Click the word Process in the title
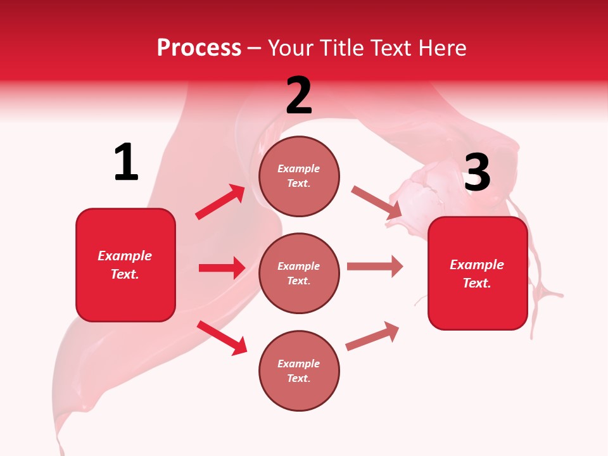(x=199, y=48)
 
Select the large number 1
(x=126, y=162)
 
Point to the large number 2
(x=299, y=96)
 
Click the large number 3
(x=477, y=173)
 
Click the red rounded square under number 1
(x=125, y=265)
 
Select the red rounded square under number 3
(x=478, y=273)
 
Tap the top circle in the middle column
(x=299, y=176)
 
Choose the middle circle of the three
(x=299, y=273)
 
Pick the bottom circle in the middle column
(x=299, y=370)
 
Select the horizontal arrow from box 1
(x=222, y=268)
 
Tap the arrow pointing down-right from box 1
(x=222, y=337)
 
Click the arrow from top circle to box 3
(x=376, y=203)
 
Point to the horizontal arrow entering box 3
(x=375, y=267)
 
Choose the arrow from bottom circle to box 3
(x=372, y=336)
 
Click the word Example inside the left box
(x=125, y=256)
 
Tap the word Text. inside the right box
(x=477, y=283)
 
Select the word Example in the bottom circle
(x=298, y=364)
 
